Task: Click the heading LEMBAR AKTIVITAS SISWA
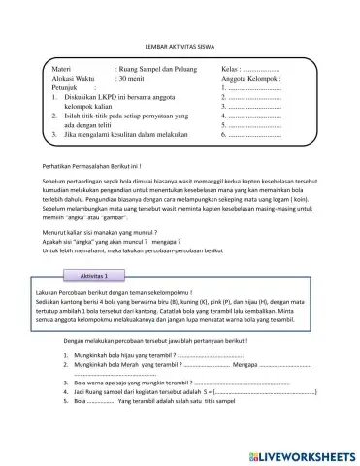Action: click(180, 46)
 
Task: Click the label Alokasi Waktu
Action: click(74, 81)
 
